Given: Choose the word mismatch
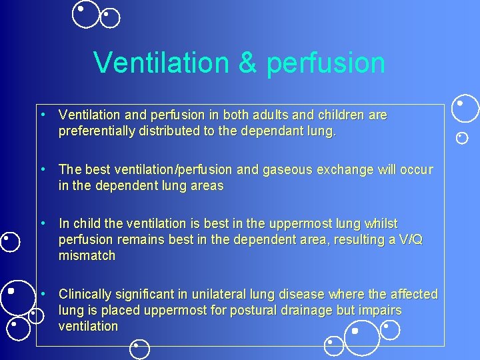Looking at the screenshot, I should pos(87,255).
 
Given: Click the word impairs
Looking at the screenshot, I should pos(379,311).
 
